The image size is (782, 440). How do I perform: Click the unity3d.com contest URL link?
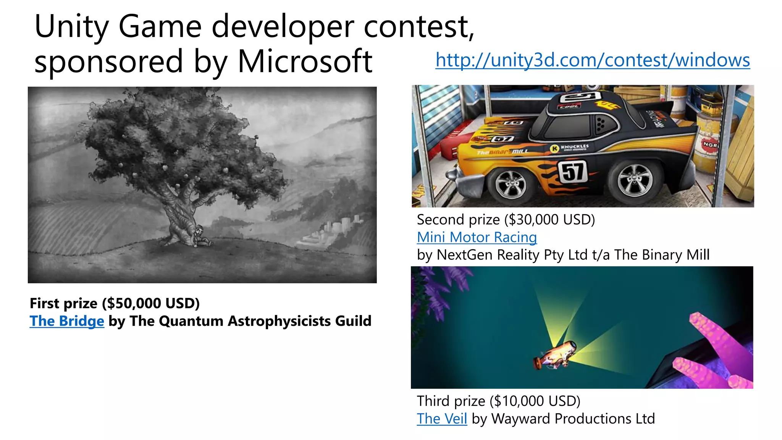click(x=593, y=60)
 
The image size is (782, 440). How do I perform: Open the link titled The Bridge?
click(x=67, y=321)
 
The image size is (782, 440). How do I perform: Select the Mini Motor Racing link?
click(x=477, y=237)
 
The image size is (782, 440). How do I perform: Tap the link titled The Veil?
click(x=442, y=419)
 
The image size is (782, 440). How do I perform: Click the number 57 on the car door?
click(x=573, y=171)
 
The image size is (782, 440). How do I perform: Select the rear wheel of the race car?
click(x=634, y=182)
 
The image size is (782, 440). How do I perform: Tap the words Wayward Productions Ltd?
click(x=573, y=419)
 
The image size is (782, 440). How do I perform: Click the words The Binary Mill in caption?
click(x=661, y=255)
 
